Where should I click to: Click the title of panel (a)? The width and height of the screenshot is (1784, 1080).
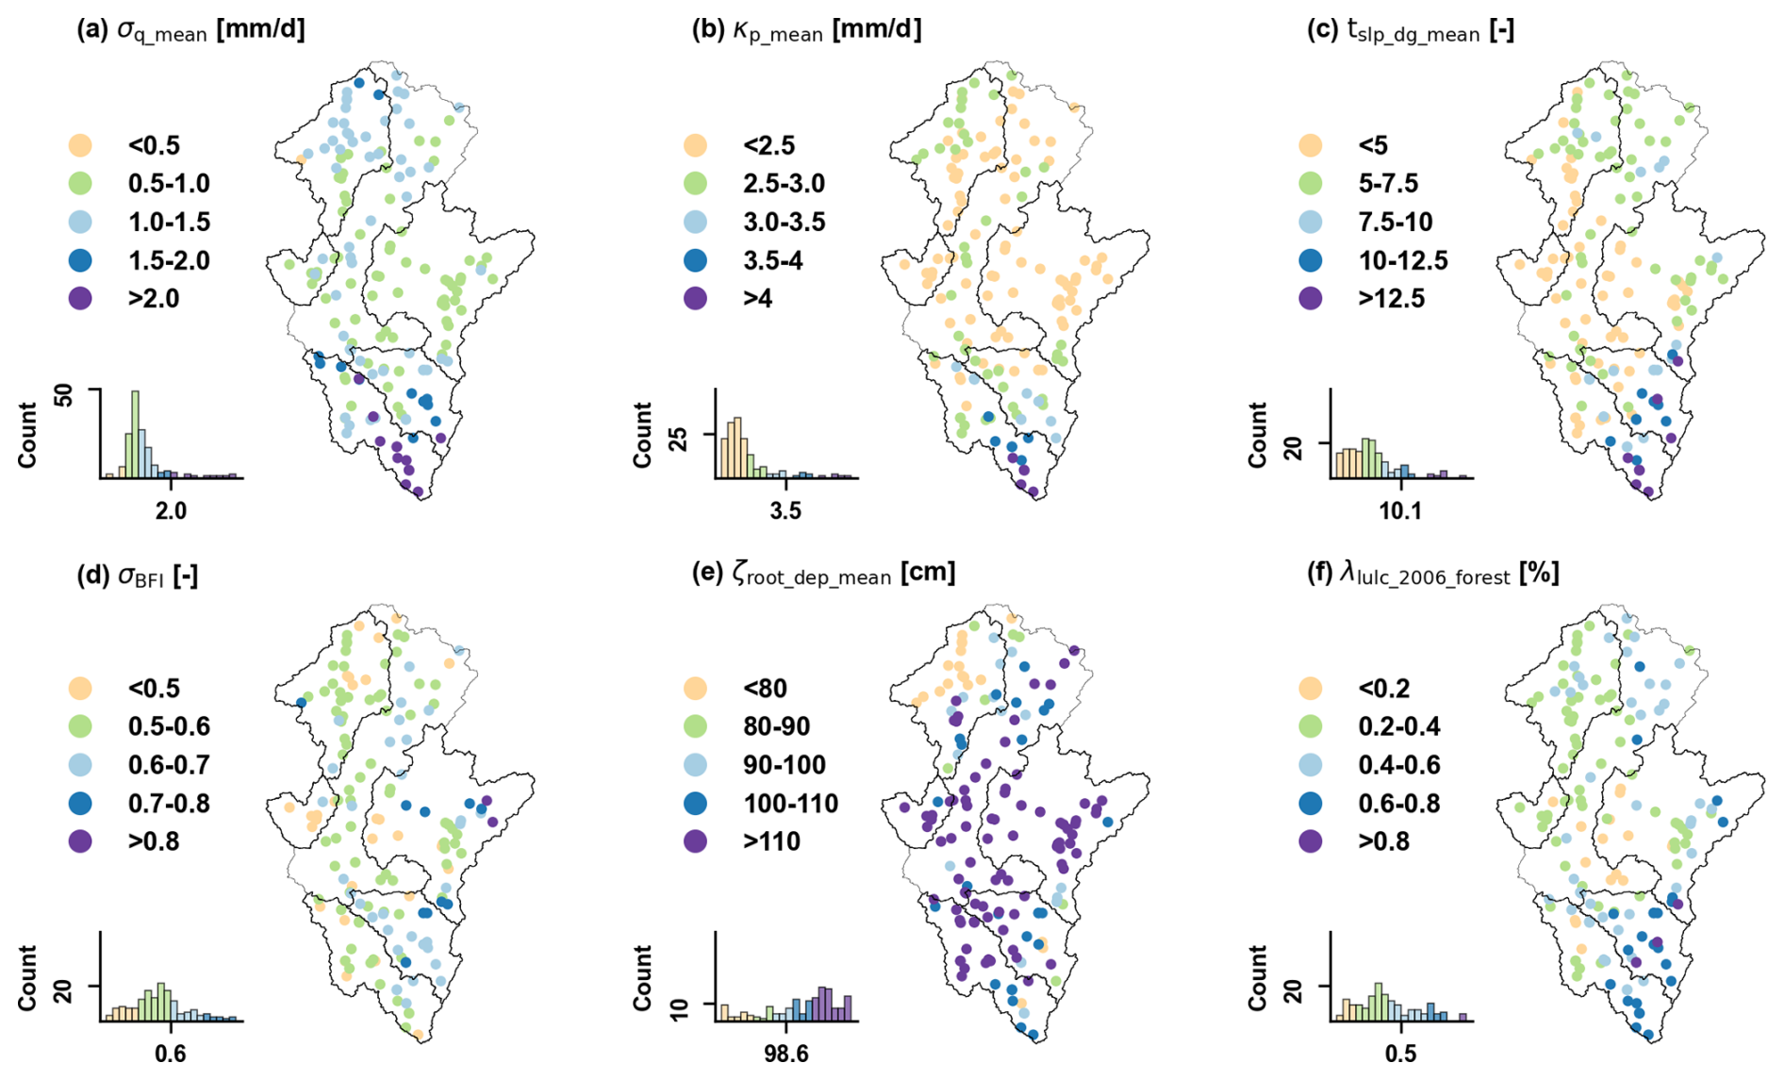pyautogui.click(x=190, y=30)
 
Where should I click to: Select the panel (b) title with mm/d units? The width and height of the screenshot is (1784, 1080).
pyautogui.click(x=806, y=30)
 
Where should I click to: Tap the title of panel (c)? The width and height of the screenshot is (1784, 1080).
pyautogui.click(x=1411, y=31)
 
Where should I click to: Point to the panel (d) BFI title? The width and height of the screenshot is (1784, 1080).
pyautogui.click(x=138, y=575)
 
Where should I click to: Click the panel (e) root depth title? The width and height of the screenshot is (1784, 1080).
pyautogui.click(x=823, y=573)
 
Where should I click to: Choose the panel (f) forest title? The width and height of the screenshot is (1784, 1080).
pyautogui.click(x=1432, y=573)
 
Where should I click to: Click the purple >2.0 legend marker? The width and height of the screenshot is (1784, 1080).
pyautogui.click(x=80, y=299)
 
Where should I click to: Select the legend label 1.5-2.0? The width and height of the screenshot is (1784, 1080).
pyautogui.click(x=169, y=260)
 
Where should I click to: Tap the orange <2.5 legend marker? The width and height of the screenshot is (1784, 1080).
pyautogui.click(x=695, y=145)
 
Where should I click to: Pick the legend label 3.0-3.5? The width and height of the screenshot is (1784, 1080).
pyautogui.click(x=784, y=222)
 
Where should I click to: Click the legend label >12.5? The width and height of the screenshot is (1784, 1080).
pyautogui.click(x=1391, y=299)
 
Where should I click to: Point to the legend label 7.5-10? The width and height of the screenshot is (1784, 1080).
pyautogui.click(x=1396, y=222)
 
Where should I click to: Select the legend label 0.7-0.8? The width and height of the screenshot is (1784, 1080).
pyautogui.click(x=169, y=804)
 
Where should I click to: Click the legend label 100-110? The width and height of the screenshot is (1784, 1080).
pyautogui.click(x=790, y=804)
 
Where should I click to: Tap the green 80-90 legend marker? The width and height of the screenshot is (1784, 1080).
pyautogui.click(x=695, y=726)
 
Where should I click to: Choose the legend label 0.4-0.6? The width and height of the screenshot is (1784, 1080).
pyautogui.click(x=1399, y=765)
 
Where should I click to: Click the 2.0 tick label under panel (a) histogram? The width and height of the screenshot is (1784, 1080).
pyautogui.click(x=170, y=510)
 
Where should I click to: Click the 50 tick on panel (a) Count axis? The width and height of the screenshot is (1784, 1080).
pyautogui.click(x=63, y=394)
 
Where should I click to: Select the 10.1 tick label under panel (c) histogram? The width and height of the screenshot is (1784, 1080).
pyautogui.click(x=1400, y=510)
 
